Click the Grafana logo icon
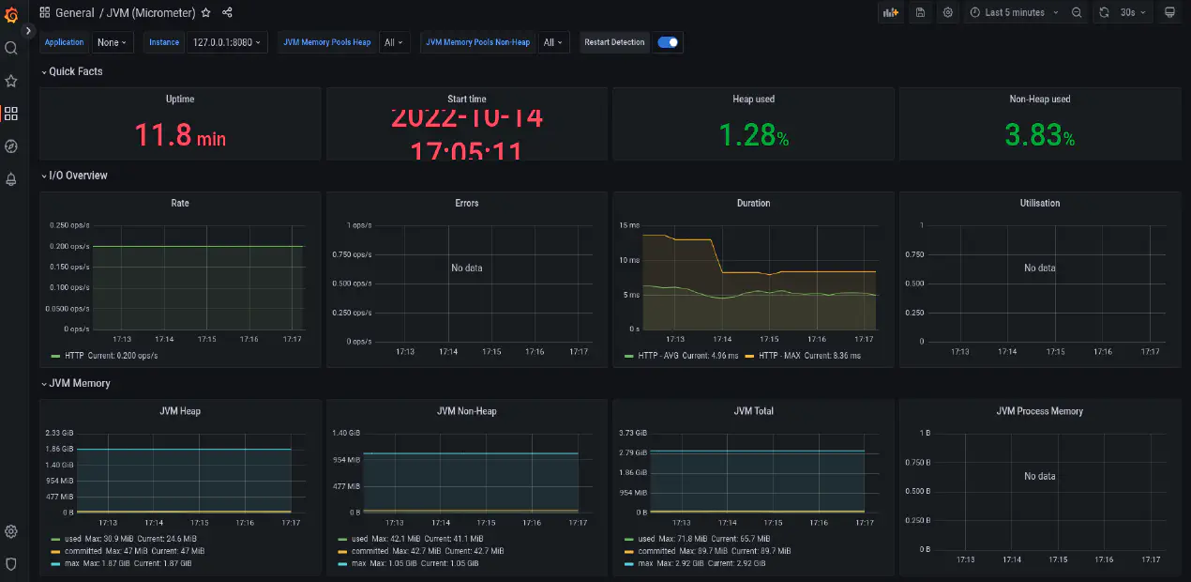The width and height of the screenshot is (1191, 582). pyautogui.click(x=11, y=14)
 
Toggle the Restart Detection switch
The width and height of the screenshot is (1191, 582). pyautogui.click(x=668, y=42)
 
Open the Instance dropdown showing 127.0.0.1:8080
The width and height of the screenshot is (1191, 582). pyautogui.click(x=228, y=42)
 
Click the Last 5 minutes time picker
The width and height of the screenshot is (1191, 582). pyautogui.click(x=1014, y=13)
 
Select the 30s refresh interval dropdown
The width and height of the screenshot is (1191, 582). pyautogui.click(x=1134, y=13)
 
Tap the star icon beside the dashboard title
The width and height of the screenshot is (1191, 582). pyautogui.click(x=206, y=13)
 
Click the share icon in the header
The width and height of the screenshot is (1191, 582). pyautogui.click(x=227, y=13)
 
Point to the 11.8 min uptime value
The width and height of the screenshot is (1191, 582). pyautogui.click(x=180, y=136)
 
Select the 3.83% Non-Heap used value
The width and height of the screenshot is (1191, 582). pyautogui.click(x=1039, y=136)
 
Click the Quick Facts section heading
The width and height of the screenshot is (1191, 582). pyautogui.click(x=76, y=71)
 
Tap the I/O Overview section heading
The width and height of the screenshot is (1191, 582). pyautogui.click(x=78, y=176)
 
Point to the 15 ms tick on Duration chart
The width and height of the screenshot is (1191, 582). pyautogui.click(x=629, y=225)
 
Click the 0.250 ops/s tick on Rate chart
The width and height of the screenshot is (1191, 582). pyautogui.click(x=69, y=225)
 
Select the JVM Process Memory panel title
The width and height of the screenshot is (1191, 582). pyautogui.click(x=1039, y=411)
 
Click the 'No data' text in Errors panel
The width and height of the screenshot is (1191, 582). pyautogui.click(x=466, y=268)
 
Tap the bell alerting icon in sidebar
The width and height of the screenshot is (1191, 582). pyautogui.click(x=11, y=179)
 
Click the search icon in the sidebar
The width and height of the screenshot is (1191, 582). pyautogui.click(x=11, y=48)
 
